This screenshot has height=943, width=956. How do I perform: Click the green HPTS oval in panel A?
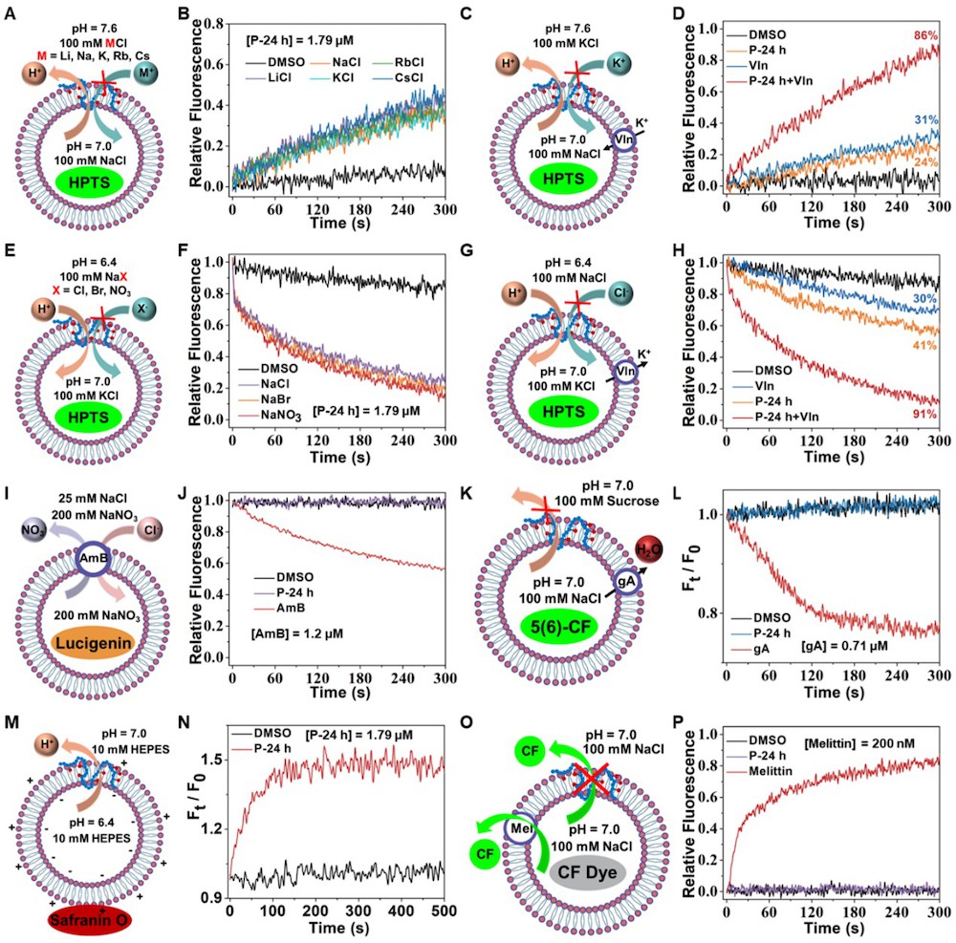(90, 182)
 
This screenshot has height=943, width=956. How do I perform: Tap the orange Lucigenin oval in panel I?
(94, 643)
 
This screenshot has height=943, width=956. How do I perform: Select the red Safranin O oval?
(90, 919)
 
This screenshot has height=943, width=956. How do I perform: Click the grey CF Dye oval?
(587, 872)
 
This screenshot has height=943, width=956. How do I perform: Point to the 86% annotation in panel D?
(924, 36)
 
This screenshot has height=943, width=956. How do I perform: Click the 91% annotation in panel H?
(924, 415)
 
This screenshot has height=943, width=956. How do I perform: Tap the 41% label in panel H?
(924, 346)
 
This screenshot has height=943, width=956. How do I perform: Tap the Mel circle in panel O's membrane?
(520, 828)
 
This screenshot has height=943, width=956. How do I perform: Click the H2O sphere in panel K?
(649, 549)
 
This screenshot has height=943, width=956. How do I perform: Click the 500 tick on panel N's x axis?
(444, 911)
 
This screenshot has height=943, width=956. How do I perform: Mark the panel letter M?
(11, 723)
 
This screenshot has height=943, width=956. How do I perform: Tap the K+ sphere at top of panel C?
(619, 63)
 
